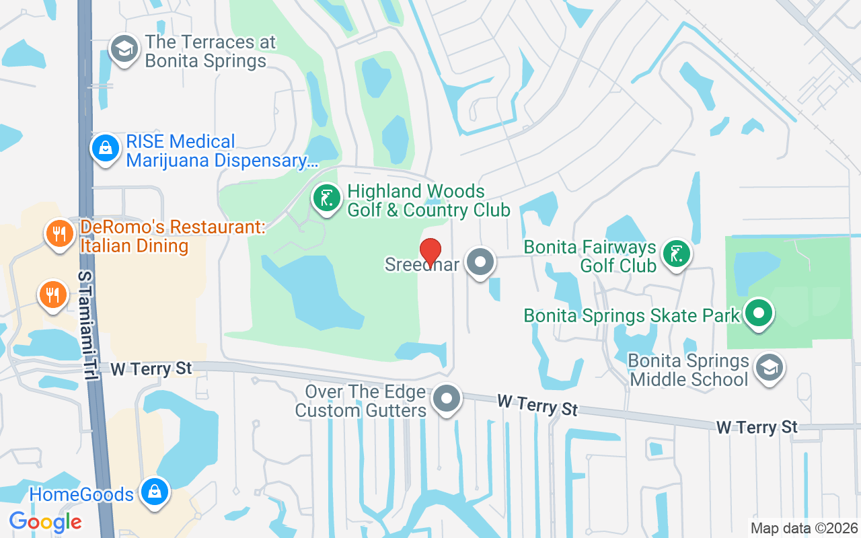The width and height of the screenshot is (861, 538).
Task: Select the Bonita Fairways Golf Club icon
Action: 676,254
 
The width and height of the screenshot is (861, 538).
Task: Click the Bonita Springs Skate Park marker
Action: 759,313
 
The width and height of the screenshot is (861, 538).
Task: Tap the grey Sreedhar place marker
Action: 480,263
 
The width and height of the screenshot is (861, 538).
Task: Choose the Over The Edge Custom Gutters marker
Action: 446,398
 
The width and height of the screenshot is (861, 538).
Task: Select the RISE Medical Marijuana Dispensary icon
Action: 106,149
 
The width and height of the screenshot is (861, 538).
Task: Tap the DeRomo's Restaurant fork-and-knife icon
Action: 60,234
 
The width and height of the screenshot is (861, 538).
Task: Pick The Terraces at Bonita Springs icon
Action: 124,49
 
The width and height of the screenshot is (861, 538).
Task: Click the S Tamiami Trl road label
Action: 87,325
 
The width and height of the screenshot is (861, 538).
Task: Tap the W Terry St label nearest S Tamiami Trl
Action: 151,369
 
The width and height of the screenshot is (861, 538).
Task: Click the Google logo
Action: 45,521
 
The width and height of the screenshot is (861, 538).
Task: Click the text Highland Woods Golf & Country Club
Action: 428,200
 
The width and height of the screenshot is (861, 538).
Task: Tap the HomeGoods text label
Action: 81,494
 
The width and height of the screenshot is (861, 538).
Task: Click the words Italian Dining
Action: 134,245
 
